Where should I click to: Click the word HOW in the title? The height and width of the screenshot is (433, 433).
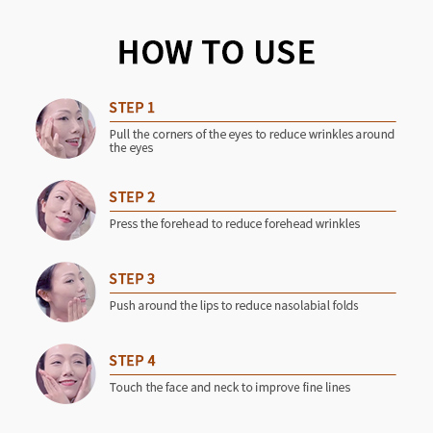[155, 52]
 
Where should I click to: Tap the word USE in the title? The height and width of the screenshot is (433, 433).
[285, 52]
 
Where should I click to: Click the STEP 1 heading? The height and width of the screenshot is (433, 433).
[132, 108]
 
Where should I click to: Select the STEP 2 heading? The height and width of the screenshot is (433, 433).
[132, 197]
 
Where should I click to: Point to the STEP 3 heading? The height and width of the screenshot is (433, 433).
[132, 279]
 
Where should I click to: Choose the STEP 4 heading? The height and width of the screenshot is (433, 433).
[132, 361]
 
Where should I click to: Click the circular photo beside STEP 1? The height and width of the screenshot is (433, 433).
[65, 129]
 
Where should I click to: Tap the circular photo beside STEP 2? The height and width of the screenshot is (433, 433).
[65, 210]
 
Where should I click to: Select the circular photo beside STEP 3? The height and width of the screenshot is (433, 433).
[65, 292]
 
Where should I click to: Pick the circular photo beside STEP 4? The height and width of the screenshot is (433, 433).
[65, 373]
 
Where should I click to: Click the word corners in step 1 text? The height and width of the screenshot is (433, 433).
[172, 135]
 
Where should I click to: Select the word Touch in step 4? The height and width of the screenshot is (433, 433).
[126, 387]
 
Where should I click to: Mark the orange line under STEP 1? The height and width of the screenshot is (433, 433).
[253, 121]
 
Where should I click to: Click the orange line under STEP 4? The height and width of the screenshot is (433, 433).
[253, 374]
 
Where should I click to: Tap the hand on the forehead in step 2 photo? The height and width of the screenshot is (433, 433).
[80, 194]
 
